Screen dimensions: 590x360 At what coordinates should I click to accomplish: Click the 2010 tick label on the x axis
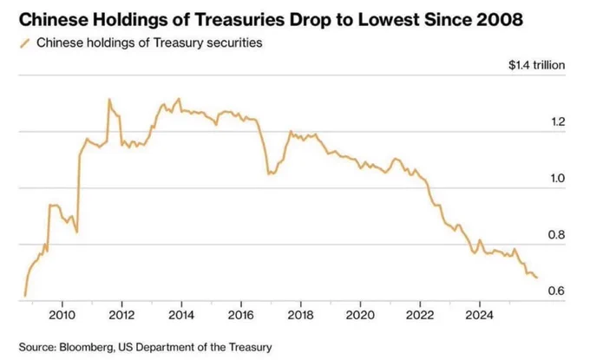pyautogui.click(x=62, y=315)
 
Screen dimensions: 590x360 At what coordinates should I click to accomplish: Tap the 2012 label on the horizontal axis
pyautogui.click(x=121, y=315)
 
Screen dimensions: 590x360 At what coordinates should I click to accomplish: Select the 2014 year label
pyautogui.click(x=181, y=315)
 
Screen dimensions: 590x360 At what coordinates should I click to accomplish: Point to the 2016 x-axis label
pyautogui.click(x=241, y=315)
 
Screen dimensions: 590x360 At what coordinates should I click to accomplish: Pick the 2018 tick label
pyautogui.click(x=301, y=315)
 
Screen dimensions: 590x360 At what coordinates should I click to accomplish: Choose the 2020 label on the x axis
pyautogui.click(x=360, y=315)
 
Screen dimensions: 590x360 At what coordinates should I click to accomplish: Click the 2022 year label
pyautogui.click(x=420, y=315)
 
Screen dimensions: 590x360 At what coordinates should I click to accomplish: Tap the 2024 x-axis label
pyautogui.click(x=479, y=315)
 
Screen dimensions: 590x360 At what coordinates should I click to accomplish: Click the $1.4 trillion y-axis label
pyautogui.click(x=536, y=65)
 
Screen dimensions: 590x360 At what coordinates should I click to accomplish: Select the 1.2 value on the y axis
pyautogui.click(x=558, y=122)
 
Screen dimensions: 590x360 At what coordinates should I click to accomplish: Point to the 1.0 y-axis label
pyautogui.click(x=558, y=179)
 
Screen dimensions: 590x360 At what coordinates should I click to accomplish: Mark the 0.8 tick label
pyautogui.click(x=556, y=235)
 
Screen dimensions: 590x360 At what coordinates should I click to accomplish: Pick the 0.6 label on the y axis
pyautogui.click(x=556, y=291)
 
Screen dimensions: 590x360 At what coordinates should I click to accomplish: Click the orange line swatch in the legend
pyautogui.click(x=25, y=43)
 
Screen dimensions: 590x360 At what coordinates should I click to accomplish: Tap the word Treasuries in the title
pyautogui.click(x=239, y=20)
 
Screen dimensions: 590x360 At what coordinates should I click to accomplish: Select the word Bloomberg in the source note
pyautogui.click(x=87, y=347)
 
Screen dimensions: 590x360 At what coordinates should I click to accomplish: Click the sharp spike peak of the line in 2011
pyautogui.click(x=109, y=99)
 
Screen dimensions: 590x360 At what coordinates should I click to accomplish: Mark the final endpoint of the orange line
pyautogui.click(x=537, y=278)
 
